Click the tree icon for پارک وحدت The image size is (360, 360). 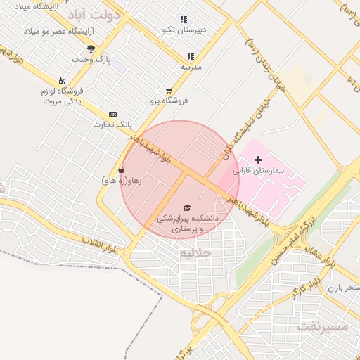coord(91,48)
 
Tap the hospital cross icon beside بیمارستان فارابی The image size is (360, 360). coord(258,160)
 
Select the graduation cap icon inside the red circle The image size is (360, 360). coord(187,207)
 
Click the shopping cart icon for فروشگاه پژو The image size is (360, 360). coord(169,91)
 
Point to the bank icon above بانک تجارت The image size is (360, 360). coord(112,114)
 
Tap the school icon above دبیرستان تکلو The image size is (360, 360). coord(184,20)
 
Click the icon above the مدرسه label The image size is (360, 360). coord(191,56)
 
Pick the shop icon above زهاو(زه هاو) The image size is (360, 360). coord(122,169)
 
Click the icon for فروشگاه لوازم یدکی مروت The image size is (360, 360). coord(61,81)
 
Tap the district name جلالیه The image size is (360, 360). coord(195,252)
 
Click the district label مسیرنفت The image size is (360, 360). coord(323,327)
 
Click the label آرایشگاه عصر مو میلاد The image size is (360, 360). coord(53,32)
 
